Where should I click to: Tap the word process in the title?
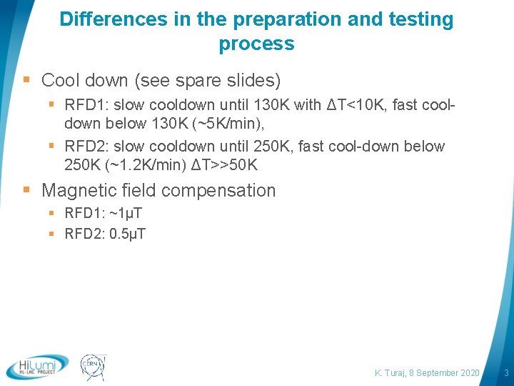pyautogui.click(x=256, y=44)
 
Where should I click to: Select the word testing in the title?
pyautogui.click(x=420, y=19)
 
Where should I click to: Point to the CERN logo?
pyautogui.click(x=92, y=366)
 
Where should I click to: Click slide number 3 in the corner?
pyautogui.click(x=506, y=373)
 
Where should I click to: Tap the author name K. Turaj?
pyautogui.click(x=391, y=373)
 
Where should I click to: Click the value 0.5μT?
pyautogui.click(x=128, y=234)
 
